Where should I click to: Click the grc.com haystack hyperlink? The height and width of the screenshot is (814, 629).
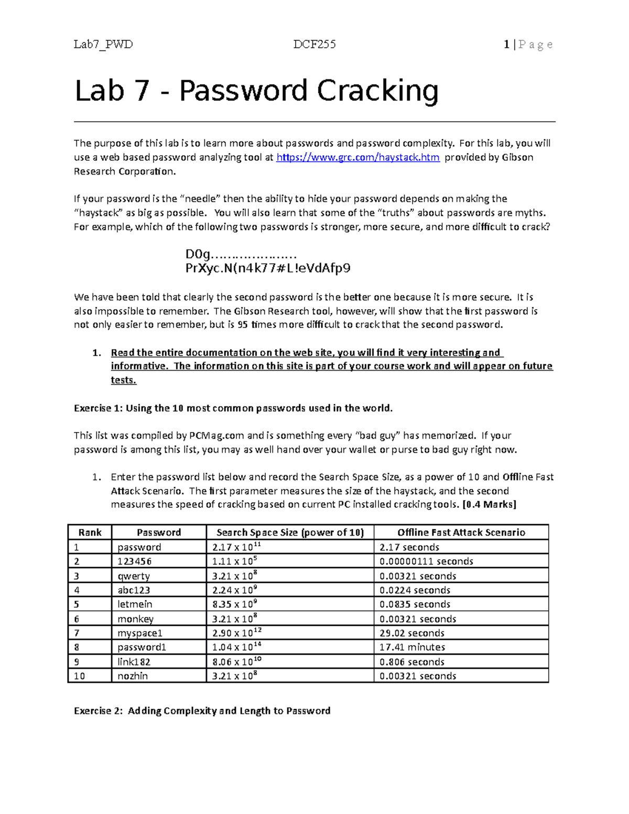[x=357, y=157]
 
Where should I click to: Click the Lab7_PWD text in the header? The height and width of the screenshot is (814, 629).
[x=103, y=45]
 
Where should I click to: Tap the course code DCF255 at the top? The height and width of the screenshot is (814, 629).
[x=314, y=45]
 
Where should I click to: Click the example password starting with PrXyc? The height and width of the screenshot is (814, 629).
[x=268, y=268]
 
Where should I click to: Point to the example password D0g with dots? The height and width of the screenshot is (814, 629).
[x=241, y=255]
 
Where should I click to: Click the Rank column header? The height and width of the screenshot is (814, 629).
[x=90, y=533]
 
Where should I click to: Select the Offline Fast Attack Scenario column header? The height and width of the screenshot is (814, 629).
[x=461, y=533]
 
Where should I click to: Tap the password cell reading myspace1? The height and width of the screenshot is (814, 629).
[x=140, y=633]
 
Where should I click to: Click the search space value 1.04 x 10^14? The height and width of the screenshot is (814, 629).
[x=236, y=647]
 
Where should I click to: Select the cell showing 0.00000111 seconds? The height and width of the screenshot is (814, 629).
[x=426, y=561]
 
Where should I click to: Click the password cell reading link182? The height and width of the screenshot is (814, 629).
[x=134, y=662]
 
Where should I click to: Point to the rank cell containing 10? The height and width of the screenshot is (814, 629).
[x=79, y=676]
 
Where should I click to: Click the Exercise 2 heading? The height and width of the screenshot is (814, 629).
[x=202, y=711]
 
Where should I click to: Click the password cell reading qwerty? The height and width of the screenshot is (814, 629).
[x=134, y=576]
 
